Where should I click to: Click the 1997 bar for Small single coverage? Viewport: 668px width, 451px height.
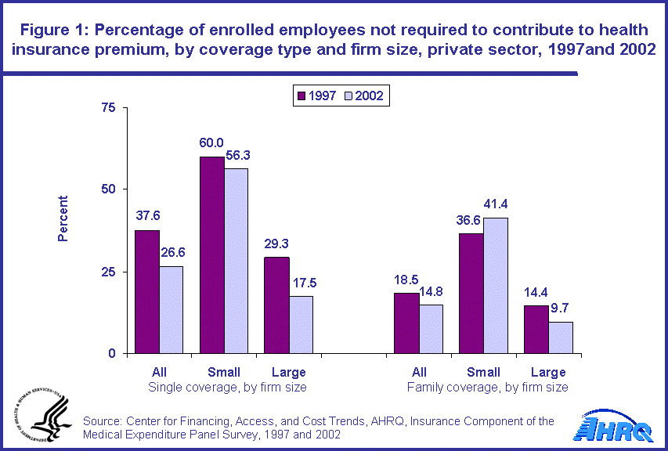pyautogui.click(x=211, y=255)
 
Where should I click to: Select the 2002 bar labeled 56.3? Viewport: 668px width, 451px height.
pyautogui.click(x=236, y=261)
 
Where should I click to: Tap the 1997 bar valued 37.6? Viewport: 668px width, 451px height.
pyautogui.click(x=146, y=291)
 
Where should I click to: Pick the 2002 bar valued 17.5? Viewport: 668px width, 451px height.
pyautogui.click(x=301, y=324)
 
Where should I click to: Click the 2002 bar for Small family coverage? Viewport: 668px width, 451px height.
pyautogui.click(x=495, y=285)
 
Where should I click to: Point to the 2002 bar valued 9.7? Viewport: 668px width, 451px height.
pyautogui.click(x=560, y=337)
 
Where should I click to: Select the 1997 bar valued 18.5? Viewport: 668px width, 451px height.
pyautogui.click(x=406, y=323)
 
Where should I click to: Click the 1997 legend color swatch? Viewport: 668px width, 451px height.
pyautogui.click(x=300, y=96)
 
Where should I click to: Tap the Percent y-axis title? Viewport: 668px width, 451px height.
pyautogui.click(x=63, y=218)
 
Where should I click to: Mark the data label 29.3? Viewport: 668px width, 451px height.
pyautogui.click(x=276, y=244)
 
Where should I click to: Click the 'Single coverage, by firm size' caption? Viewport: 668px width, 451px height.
pyautogui.click(x=228, y=387)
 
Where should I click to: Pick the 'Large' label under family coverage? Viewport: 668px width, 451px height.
pyautogui.click(x=548, y=372)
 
